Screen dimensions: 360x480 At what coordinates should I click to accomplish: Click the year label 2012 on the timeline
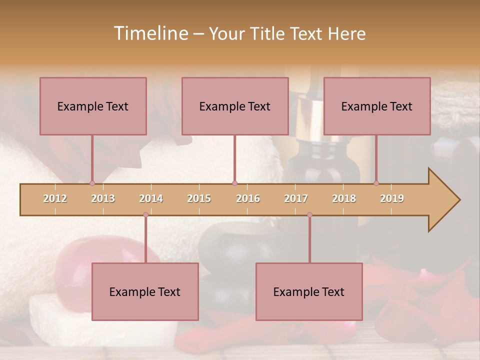coord(55,198)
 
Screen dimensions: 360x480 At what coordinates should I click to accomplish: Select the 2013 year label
coord(103,198)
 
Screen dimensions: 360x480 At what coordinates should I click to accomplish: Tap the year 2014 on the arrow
coord(151,198)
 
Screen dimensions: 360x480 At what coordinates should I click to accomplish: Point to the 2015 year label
coord(199,198)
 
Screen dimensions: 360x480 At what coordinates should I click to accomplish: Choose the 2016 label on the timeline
coord(248,198)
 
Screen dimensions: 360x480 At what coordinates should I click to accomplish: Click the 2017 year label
coord(296,198)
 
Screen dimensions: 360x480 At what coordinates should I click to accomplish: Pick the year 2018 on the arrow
coord(344,198)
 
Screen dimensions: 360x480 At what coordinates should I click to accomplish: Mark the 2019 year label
coord(392,198)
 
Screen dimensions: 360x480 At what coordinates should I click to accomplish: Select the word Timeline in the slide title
coord(150,33)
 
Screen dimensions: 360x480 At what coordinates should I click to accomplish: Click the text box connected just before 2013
coord(93,106)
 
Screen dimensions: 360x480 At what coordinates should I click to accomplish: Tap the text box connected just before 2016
coord(235,106)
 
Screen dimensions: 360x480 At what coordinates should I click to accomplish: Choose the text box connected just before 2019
coord(377,106)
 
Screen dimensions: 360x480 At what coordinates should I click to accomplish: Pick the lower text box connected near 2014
coord(145,291)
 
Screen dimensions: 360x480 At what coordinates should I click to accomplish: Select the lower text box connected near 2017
coord(309,291)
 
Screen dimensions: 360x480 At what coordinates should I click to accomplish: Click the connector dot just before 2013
coord(92,183)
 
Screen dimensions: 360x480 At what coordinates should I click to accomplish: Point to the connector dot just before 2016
coord(234,183)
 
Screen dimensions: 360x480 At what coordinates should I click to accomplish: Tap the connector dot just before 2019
coord(376,183)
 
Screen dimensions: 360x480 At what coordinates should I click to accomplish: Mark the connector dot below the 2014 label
coord(145,215)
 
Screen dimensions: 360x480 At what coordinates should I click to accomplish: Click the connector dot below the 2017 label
coord(309,215)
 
